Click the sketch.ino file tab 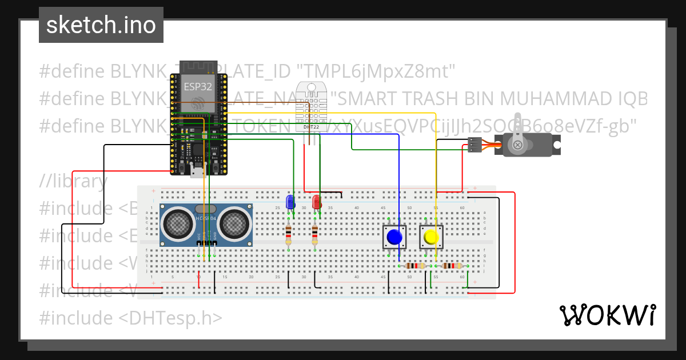point(101,25)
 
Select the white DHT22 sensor point(311,105)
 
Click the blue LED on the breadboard point(290,202)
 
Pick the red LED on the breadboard point(316,202)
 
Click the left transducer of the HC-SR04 point(179,223)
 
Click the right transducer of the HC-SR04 point(234,223)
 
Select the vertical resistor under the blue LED point(289,235)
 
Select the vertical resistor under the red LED point(315,235)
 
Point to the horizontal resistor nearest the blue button point(416,266)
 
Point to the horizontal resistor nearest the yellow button point(452,266)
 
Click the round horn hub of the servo point(517,145)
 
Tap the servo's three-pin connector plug point(474,145)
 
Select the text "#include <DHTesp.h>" point(130,318)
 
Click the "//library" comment point(73,181)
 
